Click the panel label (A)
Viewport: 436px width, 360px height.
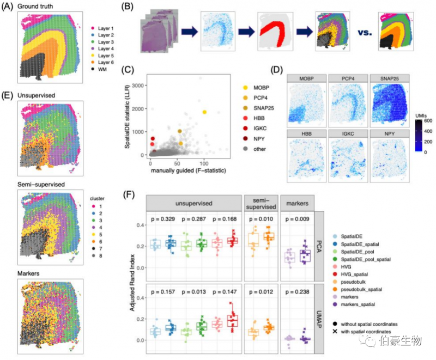9,7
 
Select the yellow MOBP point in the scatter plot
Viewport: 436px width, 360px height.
204,112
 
